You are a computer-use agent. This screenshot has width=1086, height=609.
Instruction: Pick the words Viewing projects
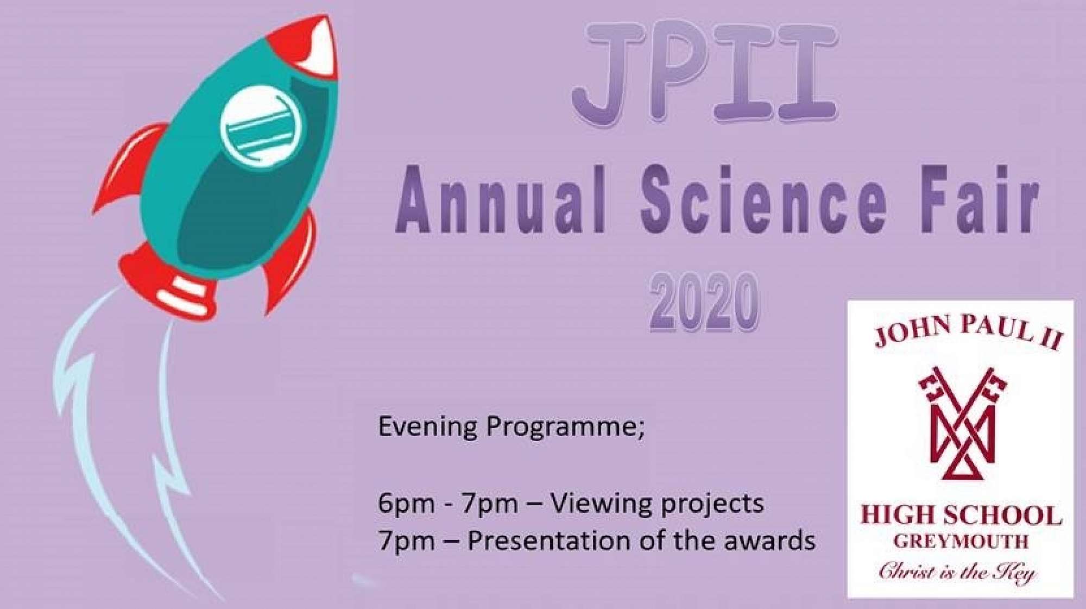click(657, 504)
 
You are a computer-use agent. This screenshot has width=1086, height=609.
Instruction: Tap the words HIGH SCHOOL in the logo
click(961, 515)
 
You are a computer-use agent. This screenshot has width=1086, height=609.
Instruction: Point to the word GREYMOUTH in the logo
click(961, 541)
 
